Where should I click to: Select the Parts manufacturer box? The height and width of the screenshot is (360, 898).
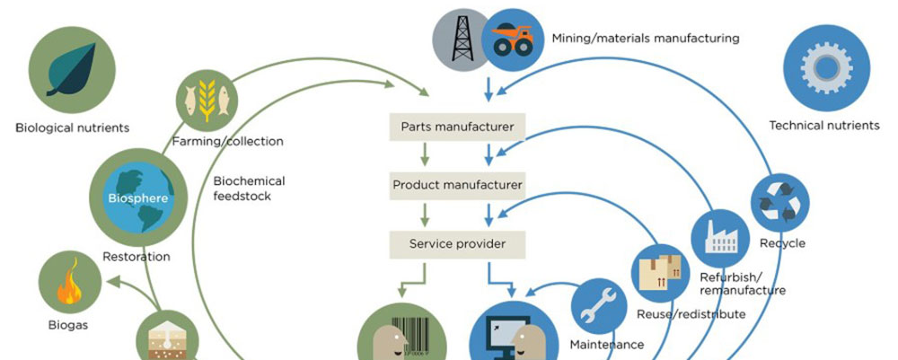tap(457, 127)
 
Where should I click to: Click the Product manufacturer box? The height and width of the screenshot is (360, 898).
tap(457, 185)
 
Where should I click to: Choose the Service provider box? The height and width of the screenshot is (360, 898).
tap(457, 243)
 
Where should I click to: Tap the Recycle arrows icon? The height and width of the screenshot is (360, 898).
tap(779, 202)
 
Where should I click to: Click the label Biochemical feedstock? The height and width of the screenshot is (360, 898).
tap(249, 188)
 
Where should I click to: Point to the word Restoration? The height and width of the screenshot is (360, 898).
tap(136, 257)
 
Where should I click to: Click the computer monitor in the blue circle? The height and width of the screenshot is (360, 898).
tap(496, 337)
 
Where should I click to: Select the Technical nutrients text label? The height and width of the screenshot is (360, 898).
tap(823, 125)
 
